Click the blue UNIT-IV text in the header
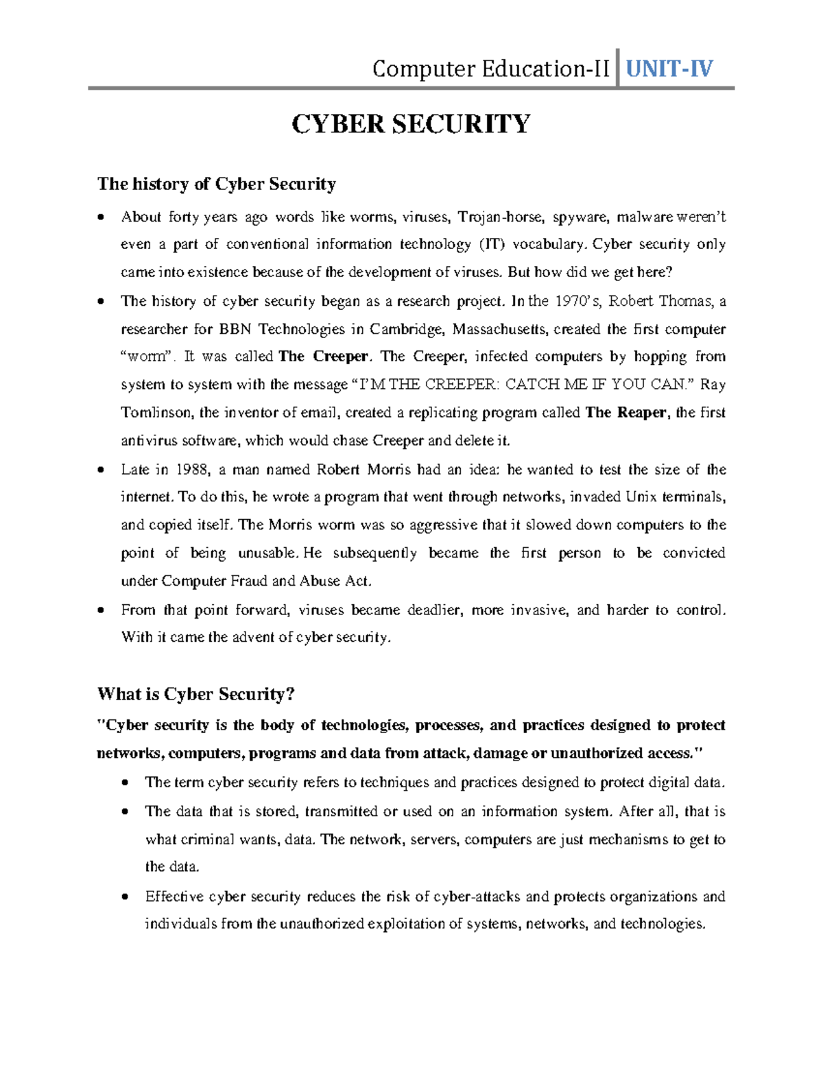click(669, 69)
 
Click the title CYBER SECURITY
click(411, 124)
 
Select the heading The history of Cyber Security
click(217, 184)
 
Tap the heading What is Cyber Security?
click(196, 694)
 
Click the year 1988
click(193, 470)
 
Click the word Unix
click(642, 496)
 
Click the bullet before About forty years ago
click(102, 218)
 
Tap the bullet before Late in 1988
click(102, 470)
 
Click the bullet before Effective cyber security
click(125, 897)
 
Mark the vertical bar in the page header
click(619, 68)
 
